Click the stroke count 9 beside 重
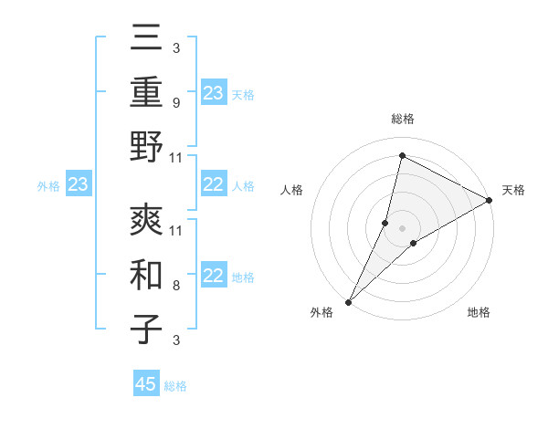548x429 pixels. coord(175,103)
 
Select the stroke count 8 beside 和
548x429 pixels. coord(175,285)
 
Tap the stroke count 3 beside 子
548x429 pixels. coord(175,340)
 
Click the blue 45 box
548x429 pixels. coord(146,384)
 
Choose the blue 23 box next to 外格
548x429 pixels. coord(78,185)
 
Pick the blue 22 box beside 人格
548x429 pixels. coord(213,185)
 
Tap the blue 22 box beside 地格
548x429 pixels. coord(213,277)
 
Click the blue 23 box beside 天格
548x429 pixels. coord(213,92)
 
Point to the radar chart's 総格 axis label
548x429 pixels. coord(403,119)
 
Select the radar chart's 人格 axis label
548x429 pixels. coord(292,190)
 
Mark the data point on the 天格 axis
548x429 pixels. coord(490,201)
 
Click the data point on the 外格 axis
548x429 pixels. coord(348,302)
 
